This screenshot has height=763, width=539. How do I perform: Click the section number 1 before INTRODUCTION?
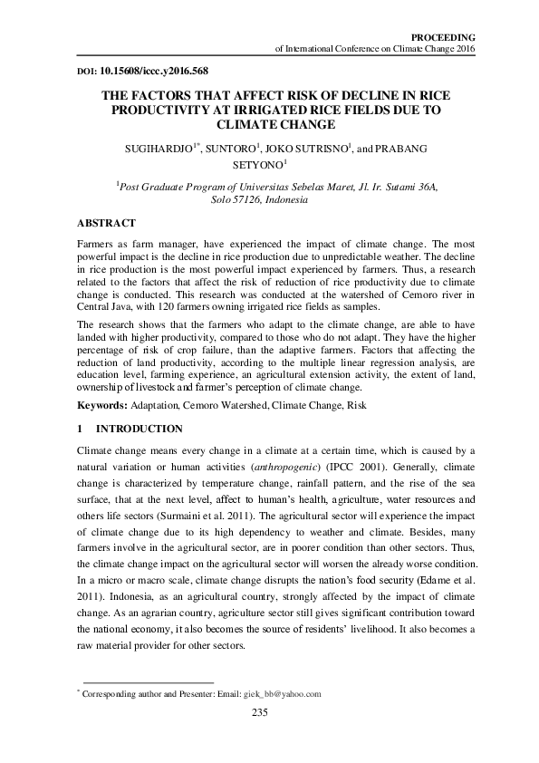click(x=81, y=428)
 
